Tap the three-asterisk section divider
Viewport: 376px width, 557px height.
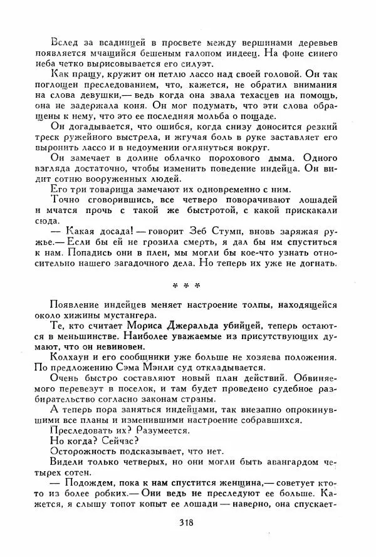185,285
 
